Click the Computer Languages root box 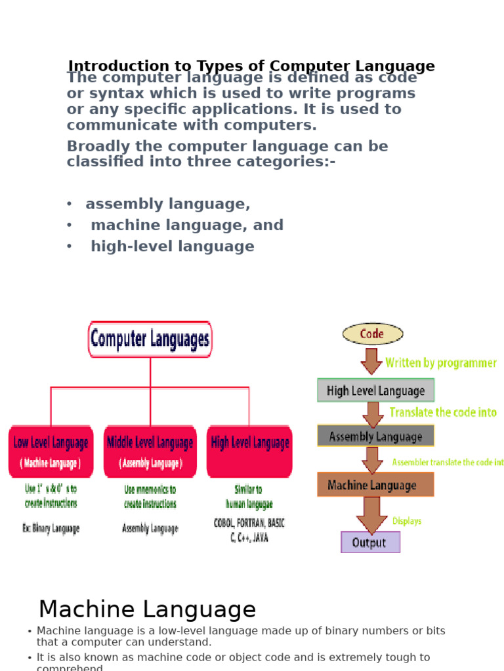[x=150, y=339]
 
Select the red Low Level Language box [x=51, y=451]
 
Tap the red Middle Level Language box [x=150, y=451]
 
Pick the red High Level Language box [x=249, y=451]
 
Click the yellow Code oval [x=372, y=334]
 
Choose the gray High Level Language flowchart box [x=375, y=391]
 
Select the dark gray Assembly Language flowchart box [x=375, y=436]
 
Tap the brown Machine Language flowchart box [x=375, y=485]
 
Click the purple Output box [x=370, y=543]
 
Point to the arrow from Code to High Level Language [x=371, y=361]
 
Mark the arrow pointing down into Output [x=371, y=514]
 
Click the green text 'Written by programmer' [x=440, y=363]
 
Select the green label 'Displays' [x=407, y=522]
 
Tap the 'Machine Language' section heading [x=147, y=610]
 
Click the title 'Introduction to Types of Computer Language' [x=251, y=66]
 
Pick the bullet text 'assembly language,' [x=167, y=204]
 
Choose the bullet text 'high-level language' [x=172, y=246]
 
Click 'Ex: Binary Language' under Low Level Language [x=51, y=528]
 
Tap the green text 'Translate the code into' [x=443, y=413]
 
